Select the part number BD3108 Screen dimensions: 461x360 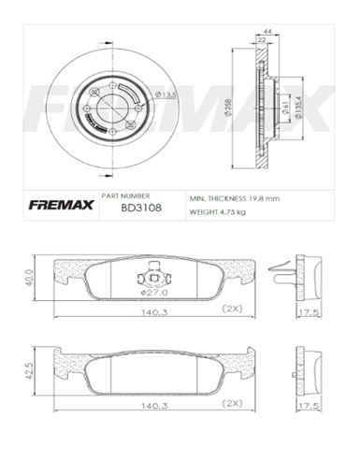[141, 209]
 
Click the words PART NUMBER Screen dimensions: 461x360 [140, 197]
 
